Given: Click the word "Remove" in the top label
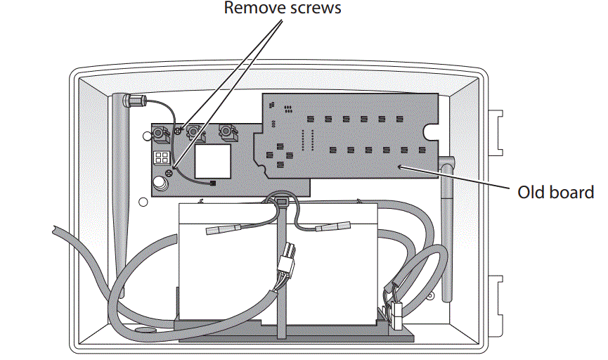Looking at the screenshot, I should click(x=248, y=8).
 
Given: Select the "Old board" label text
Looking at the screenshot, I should click(x=555, y=191).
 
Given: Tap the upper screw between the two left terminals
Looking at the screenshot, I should click(x=178, y=131).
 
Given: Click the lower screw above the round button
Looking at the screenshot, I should click(x=168, y=173).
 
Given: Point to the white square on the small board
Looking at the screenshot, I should click(x=213, y=161).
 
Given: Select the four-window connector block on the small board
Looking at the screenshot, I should click(x=162, y=157).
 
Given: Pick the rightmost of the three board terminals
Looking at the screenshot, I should click(x=226, y=131).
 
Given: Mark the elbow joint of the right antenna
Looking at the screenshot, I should click(x=448, y=165).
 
